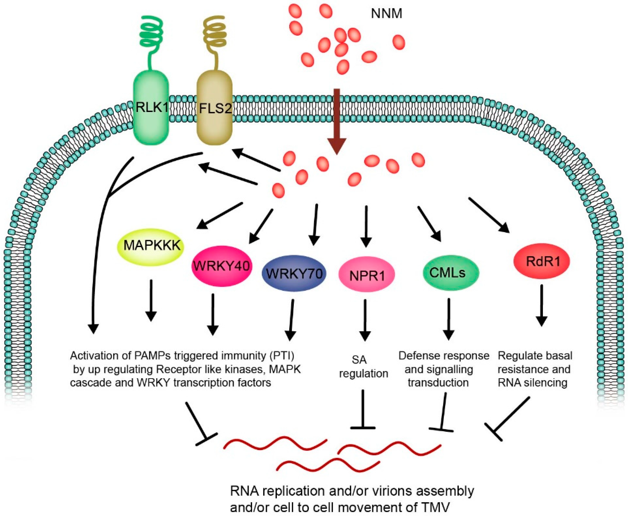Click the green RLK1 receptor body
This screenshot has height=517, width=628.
tap(151, 108)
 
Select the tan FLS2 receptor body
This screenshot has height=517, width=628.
tap(214, 108)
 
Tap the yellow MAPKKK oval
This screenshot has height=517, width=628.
tap(151, 247)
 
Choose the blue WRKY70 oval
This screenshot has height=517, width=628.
tap(294, 273)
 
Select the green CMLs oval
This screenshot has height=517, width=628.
tap(451, 272)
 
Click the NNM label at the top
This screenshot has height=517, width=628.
tap(386, 14)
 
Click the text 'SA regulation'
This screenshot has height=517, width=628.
tap(363, 367)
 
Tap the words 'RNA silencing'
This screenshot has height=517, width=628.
tap(532, 382)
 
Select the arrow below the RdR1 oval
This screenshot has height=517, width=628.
tap(541, 305)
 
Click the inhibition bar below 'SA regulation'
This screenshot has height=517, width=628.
tap(363, 410)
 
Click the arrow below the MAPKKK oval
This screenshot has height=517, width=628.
tap(151, 300)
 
